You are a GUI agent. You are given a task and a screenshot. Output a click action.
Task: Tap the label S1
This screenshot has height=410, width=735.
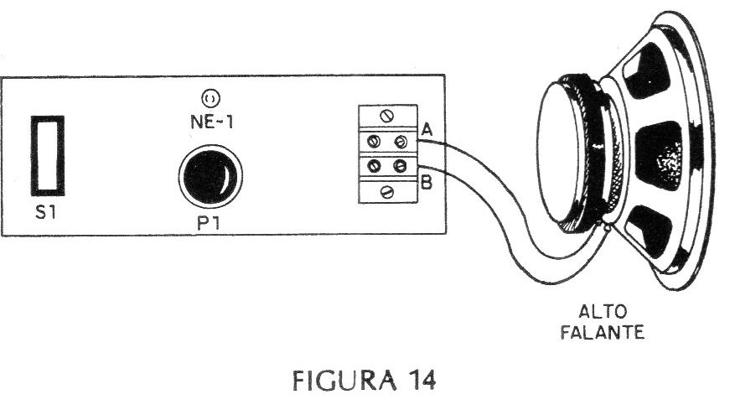[x=45, y=212]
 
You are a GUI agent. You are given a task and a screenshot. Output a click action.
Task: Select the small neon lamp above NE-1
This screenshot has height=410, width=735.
[x=210, y=98]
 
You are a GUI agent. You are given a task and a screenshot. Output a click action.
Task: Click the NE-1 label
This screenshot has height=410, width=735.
[x=212, y=122]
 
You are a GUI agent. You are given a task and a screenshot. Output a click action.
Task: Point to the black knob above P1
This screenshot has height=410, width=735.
[x=210, y=176]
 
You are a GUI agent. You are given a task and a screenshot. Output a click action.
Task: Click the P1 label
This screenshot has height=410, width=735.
[x=208, y=223]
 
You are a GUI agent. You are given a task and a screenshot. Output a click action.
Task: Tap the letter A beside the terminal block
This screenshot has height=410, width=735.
[x=427, y=129]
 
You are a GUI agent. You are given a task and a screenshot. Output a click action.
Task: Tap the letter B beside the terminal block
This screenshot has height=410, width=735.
[x=427, y=183]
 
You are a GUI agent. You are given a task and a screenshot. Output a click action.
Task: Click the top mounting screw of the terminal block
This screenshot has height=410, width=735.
[x=387, y=116]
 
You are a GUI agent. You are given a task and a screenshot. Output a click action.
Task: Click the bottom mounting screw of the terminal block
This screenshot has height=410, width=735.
[x=387, y=191]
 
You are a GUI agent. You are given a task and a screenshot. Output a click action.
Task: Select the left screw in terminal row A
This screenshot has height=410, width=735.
[x=374, y=141]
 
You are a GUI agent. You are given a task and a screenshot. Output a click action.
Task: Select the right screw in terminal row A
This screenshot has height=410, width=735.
[x=401, y=141]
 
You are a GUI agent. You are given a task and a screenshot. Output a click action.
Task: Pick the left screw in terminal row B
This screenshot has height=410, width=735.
[x=374, y=166]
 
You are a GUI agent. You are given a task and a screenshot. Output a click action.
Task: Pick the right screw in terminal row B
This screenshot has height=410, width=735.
[x=400, y=165]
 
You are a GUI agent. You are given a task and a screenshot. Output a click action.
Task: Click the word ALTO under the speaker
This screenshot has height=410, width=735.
[x=603, y=312]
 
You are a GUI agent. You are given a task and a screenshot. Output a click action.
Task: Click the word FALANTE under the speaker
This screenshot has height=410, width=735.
[x=603, y=333]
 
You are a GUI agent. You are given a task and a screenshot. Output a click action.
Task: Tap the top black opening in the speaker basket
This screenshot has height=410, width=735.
[x=647, y=70]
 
